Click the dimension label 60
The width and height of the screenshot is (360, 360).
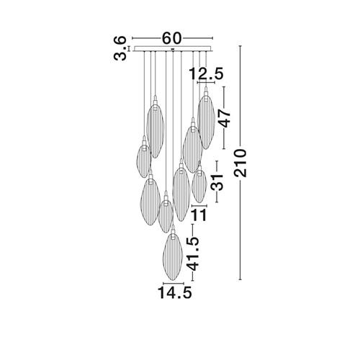coord(172,38)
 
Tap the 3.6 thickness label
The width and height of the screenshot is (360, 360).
coord(120,48)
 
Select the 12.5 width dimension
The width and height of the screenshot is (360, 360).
coord(206,73)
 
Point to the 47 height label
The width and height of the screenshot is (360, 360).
coord(225,118)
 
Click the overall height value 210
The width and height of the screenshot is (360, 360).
coord(240,163)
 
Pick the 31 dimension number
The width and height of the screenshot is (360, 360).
coord(217,182)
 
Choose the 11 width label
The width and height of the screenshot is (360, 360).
coord(199,215)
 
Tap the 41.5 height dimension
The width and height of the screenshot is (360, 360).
coord(193,254)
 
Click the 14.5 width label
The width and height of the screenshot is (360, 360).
coord(174,293)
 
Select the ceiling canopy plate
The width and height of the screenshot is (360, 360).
coord(174,49)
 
